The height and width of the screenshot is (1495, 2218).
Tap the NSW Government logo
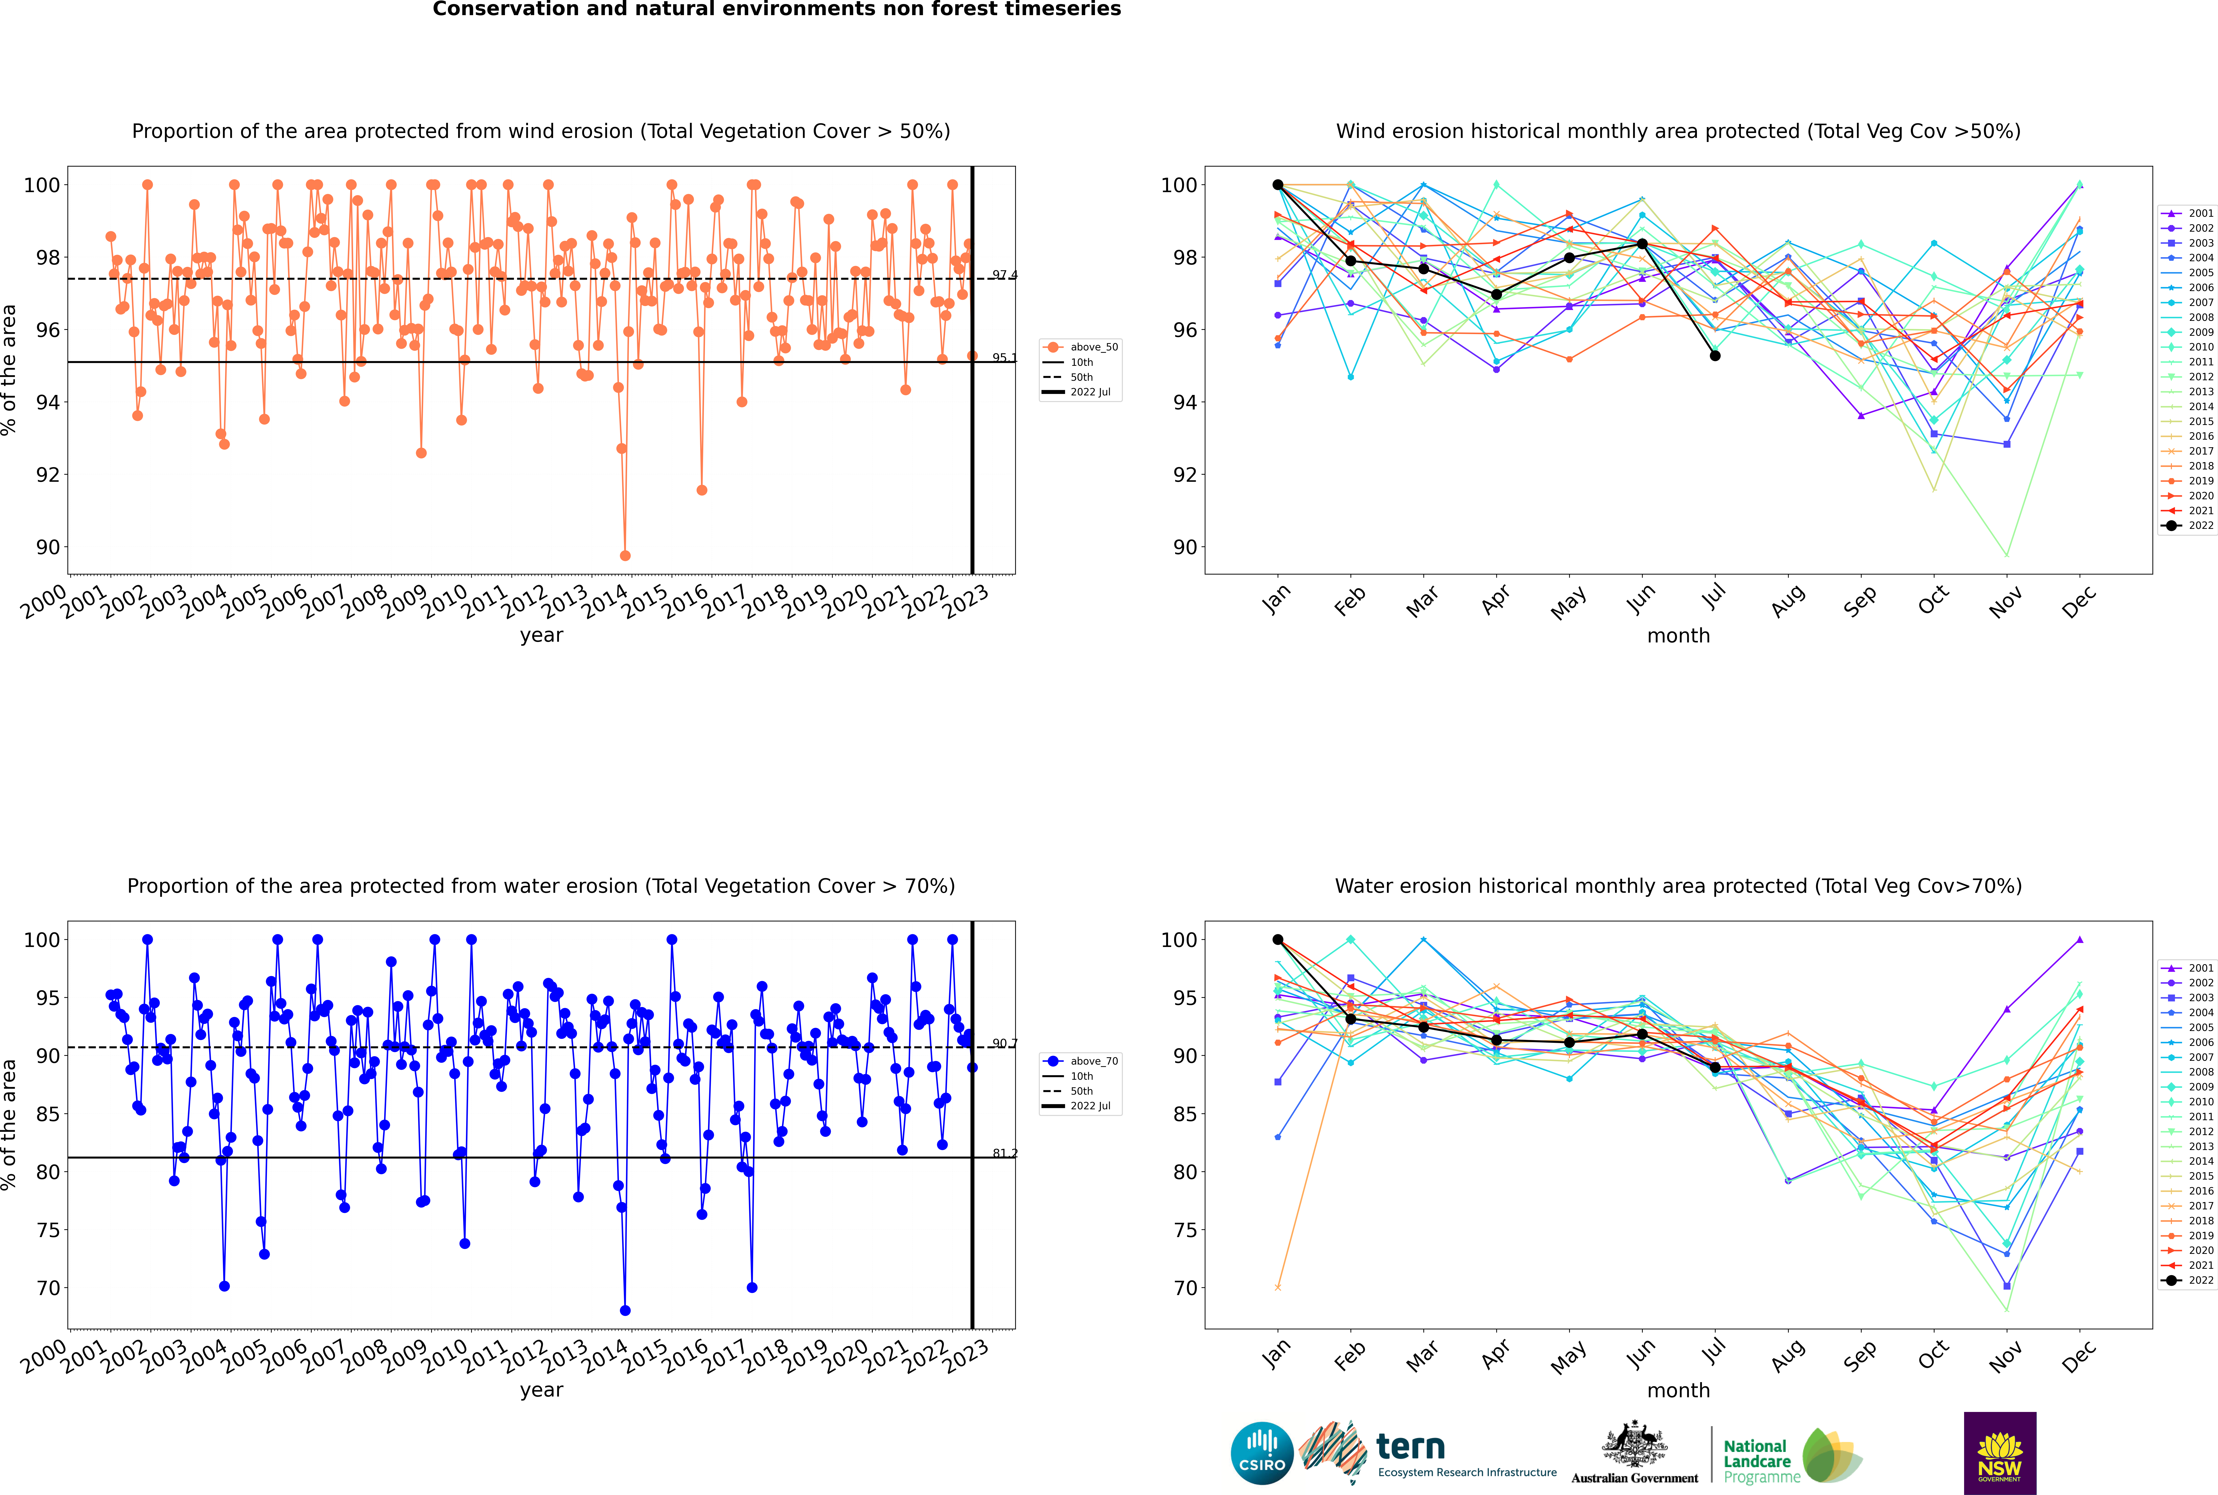2000,1452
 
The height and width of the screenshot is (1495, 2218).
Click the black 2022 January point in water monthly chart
1278,939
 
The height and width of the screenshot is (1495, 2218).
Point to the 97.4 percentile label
1004,275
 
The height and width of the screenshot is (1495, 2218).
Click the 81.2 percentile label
1004,1154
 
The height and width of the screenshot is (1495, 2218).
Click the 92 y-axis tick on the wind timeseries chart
48,475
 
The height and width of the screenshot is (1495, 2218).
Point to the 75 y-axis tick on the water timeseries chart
48,1230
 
